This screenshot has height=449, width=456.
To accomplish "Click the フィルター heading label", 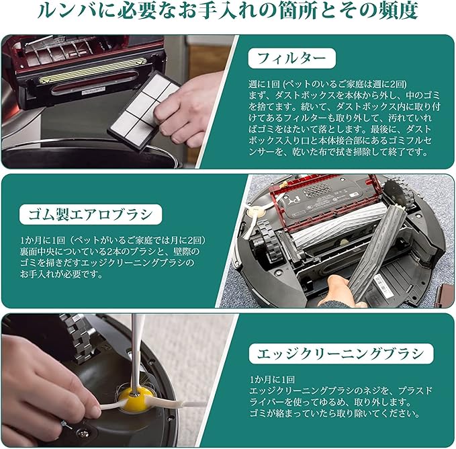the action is coord(291,58).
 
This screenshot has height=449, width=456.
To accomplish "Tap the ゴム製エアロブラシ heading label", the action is coord(91,214).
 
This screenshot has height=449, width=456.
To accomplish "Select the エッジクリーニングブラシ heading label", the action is coord(341,354).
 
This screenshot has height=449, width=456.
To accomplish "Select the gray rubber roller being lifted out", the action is coord(371,253).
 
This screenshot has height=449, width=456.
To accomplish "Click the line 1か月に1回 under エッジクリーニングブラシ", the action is coord(272,380).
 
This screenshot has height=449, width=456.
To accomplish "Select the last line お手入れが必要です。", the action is coord(61,274).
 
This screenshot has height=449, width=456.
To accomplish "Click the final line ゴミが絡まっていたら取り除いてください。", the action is coord(334,413).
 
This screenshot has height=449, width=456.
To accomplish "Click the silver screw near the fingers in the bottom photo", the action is coord(85,434).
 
